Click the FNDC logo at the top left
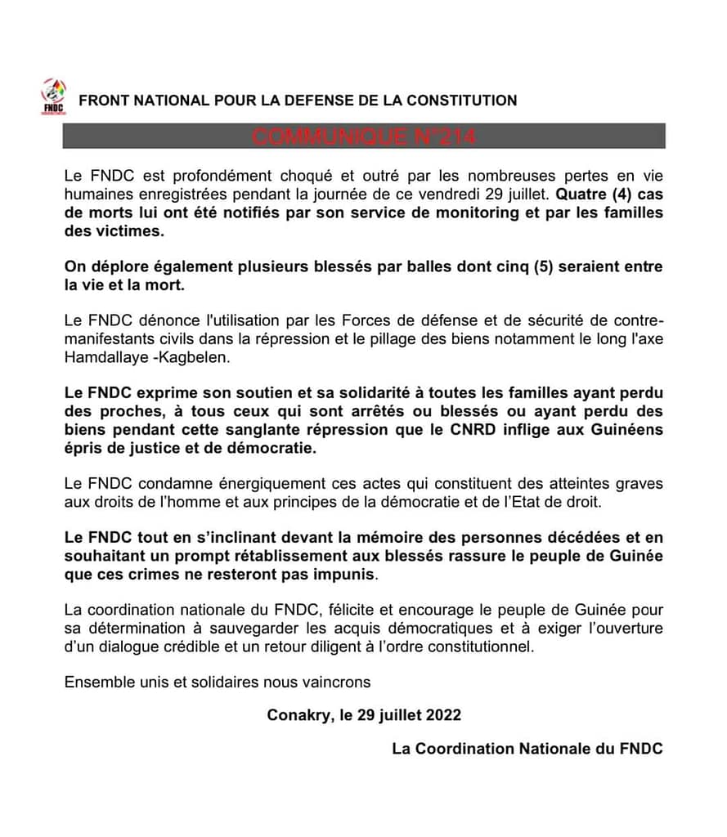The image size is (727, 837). click(55, 96)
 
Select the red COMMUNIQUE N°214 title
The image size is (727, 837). click(363, 137)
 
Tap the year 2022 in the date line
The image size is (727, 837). click(441, 715)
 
